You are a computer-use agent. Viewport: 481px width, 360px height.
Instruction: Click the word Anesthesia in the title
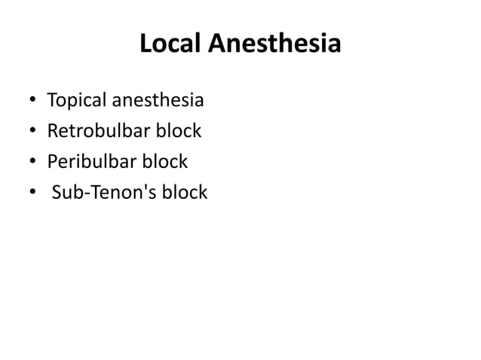(x=274, y=46)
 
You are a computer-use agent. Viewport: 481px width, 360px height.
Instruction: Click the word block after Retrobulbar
(x=178, y=131)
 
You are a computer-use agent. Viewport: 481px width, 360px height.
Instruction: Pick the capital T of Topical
(x=51, y=100)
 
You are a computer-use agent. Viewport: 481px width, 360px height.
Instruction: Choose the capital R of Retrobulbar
(x=52, y=131)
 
